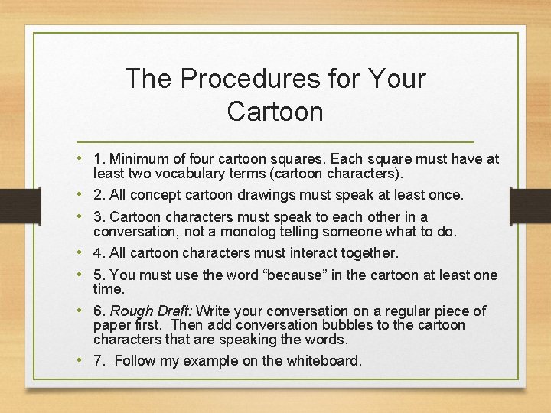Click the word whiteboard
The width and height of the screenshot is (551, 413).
[322, 361]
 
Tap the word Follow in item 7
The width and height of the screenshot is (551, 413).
[133, 361]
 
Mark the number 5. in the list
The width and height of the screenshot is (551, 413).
[99, 275]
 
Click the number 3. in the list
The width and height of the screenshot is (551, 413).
[99, 217]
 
